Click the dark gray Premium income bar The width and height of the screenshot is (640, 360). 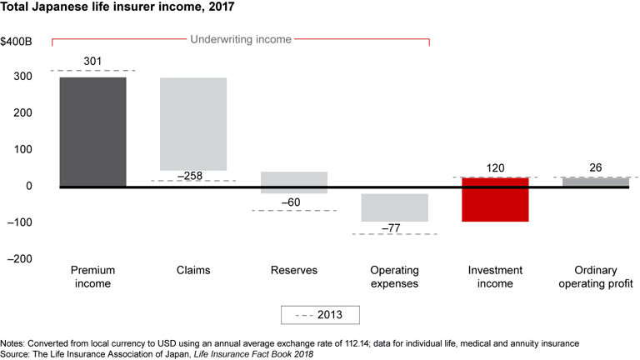point(93,132)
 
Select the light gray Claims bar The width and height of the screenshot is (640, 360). point(193,124)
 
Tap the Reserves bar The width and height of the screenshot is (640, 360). point(293,182)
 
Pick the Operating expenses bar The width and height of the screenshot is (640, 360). point(394,207)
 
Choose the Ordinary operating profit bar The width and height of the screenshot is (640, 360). point(595,182)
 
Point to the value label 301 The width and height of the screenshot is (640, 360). point(93,61)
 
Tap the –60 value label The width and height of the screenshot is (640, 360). point(293,202)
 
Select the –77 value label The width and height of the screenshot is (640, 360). point(394,227)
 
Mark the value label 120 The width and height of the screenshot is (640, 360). point(495,168)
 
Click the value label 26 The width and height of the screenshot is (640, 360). point(595,168)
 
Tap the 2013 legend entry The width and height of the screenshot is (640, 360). point(321,315)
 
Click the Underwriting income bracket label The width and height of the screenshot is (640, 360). point(240,38)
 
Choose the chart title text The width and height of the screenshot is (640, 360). point(117,9)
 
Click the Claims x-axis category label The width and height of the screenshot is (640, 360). point(193,271)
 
